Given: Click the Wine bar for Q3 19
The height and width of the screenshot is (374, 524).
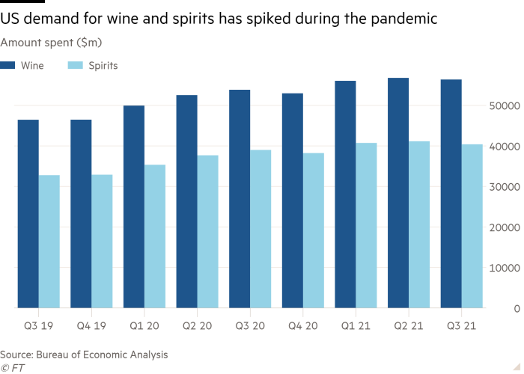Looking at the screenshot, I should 28,213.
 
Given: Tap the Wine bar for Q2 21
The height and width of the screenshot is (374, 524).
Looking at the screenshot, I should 398,192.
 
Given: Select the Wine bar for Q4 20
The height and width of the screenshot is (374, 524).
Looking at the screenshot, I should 293,200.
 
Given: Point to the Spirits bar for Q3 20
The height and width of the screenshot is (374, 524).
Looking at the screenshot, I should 261,228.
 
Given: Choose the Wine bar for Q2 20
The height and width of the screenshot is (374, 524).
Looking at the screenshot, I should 186,200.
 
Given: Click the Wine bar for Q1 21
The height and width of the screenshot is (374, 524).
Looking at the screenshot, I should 345,194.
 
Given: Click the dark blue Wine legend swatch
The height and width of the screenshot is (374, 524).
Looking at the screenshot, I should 8,66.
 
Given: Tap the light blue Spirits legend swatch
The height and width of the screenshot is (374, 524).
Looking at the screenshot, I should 76,66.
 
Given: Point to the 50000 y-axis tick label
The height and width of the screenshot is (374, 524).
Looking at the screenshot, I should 504,106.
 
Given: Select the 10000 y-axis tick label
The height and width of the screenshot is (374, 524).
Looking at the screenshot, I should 504,268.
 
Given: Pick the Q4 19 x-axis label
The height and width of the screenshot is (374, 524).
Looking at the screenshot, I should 91,327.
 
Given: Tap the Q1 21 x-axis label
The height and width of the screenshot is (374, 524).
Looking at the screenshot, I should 356,327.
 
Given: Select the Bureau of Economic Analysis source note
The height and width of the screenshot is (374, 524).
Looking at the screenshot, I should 84,354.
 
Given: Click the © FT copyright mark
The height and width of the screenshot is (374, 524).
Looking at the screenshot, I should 13,367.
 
